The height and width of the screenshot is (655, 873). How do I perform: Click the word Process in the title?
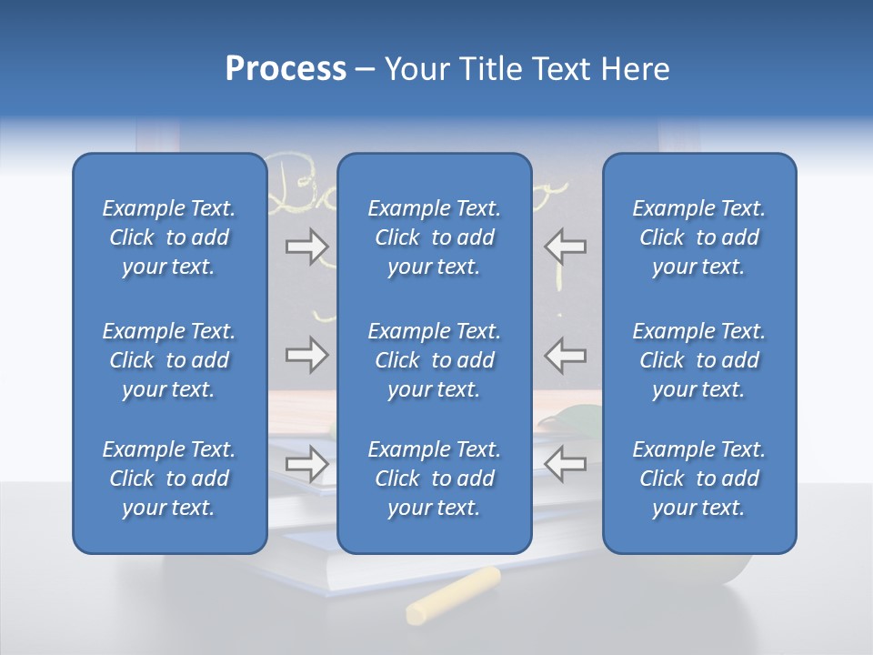pyautogui.click(x=286, y=69)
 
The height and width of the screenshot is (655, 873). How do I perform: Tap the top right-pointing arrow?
pyautogui.click(x=306, y=247)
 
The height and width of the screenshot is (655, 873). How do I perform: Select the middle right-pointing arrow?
pyautogui.click(x=306, y=355)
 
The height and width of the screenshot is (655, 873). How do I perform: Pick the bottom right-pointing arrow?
pyautogui.click(x=306, y=464)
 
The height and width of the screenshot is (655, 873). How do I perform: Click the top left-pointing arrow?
pyautogui.click(x=565, y=247)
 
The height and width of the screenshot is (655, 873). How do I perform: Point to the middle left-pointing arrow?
pyautogui.click(x=565, y=355)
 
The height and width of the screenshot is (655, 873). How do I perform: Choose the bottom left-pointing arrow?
pyautogui.click(x=565, y=464)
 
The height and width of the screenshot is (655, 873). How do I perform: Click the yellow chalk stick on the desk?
pyautogui.click(x=453, y=595)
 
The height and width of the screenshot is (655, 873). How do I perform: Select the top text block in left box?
pyautogui.click(x=169, y=237)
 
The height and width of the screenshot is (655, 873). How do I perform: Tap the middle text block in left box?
pyautogui.click(x=169, y=360)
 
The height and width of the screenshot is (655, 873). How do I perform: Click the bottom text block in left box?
pyautogui.click(x=169, y=479)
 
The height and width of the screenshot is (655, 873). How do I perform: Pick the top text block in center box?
pyautogui.click(x=434, y=237)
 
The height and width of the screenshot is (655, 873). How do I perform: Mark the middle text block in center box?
pyautogui.click(x=434, y=360)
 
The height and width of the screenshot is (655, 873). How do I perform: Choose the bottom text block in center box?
pyautogui.click(x=434, y=479)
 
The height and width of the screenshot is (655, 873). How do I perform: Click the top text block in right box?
pyautogui.click(x=698, y=237)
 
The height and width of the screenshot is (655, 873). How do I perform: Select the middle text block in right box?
pyautogui.click(x=698, y=360)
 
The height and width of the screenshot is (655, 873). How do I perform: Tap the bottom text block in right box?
pyautogui.click(x=698, y=479)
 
